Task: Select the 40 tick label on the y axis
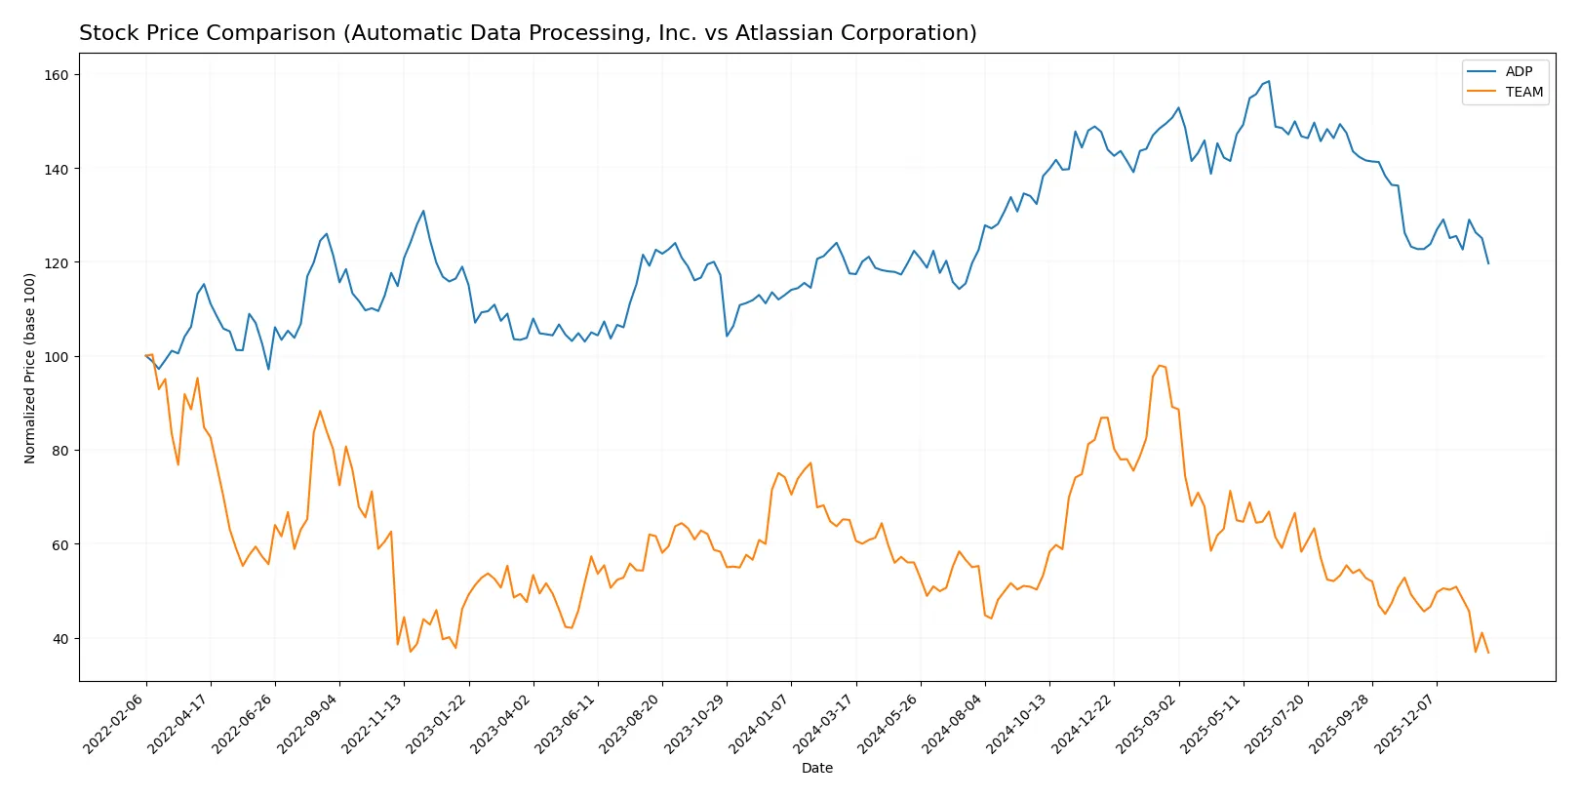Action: click(x=60, y=639)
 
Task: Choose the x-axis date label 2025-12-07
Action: click(x=1406, y=723)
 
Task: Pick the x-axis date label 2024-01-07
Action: click(x=761, y=723)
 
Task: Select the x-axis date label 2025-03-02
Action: click(x=1148, y=723)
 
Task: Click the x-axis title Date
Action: click(x=816, y=768)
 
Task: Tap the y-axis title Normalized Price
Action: click(x=30, y=368)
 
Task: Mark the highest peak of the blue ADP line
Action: click(x=1268, y=81)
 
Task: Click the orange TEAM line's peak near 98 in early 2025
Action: click(x=1159, y=366)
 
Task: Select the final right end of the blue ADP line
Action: click(x=1488, y=263)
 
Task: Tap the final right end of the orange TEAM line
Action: click(x=1488, y=652)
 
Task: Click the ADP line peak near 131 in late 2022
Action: click(x=423, y=211)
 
